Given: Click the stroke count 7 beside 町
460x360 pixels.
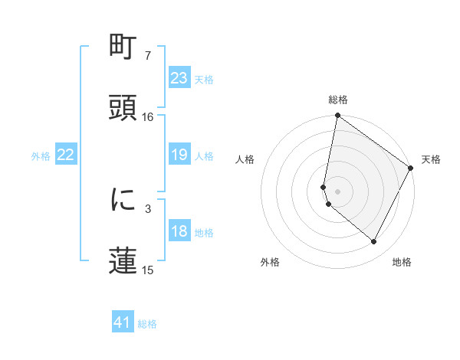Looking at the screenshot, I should coord(147,56).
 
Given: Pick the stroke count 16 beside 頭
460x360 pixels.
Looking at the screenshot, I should coord(147,116).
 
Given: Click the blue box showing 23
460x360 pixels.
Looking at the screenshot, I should coord(179,78).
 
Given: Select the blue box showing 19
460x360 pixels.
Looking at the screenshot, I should coord(179,155).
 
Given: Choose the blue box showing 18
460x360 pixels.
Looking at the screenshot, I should coord(179,231).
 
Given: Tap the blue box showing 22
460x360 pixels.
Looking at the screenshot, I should coord(65,155).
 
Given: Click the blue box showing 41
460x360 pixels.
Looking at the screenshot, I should coord(123,322).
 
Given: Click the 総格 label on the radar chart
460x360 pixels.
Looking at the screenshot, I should coord(338,100).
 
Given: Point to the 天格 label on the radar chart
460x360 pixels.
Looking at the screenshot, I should coord(431,159).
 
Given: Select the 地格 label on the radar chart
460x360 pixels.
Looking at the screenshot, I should coord(402,262).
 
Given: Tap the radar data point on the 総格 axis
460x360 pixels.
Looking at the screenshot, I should coord(337,116).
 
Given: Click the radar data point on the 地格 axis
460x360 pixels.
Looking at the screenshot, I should coord(374,242).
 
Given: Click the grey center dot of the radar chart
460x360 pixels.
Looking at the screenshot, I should coord(337,191).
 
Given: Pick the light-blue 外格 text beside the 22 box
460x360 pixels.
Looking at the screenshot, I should coord(41,155).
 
